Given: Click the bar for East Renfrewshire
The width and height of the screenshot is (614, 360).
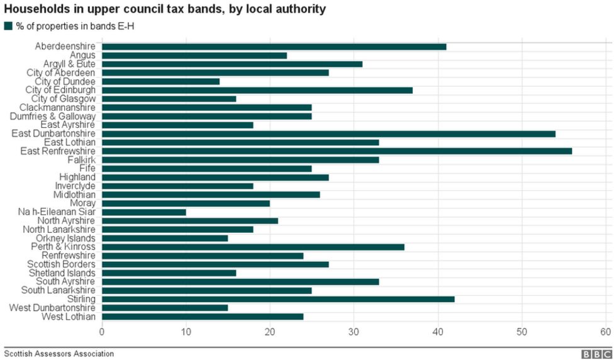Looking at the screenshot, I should pyautogui.click(x=337, y=151).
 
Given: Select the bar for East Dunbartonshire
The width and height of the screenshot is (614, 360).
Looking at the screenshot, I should pyautogui.click(x=328, y=133).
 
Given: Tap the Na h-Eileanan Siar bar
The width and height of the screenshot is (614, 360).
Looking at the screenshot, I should pyautogui.click(x=144, y=212).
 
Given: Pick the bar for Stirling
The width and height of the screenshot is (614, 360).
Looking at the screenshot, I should pyautogui.click(x=278, y=299).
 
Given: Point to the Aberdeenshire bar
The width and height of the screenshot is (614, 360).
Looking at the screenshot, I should pyautogui.click(x=274, y=47).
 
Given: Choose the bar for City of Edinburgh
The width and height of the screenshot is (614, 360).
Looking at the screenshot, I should pyautogui.click(x=257, y=90).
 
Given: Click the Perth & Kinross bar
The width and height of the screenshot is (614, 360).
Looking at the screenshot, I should pyautogui.click(x=253, y=247).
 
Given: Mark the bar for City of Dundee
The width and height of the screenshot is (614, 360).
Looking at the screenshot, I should pyautogui.click(x=160, y=81).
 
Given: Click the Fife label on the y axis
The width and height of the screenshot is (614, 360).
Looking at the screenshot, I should pyautogui.click(x=87, y=169).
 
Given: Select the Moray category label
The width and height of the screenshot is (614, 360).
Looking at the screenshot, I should pyautogui.click(x=82, y=203).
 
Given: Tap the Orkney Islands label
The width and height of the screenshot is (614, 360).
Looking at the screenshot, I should pyautogui.click(x=66, y=239).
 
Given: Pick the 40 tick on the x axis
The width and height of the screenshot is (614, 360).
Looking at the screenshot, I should pyautogui.click(x=438, y=332).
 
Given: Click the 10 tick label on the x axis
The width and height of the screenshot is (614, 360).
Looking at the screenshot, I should pyautogui.click(x=186, y=332).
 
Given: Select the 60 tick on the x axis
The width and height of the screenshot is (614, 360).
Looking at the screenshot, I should pyautogui.click(x=606, y=332).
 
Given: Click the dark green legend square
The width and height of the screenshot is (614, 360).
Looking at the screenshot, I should pyautogui.click(x=8, y=26).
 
